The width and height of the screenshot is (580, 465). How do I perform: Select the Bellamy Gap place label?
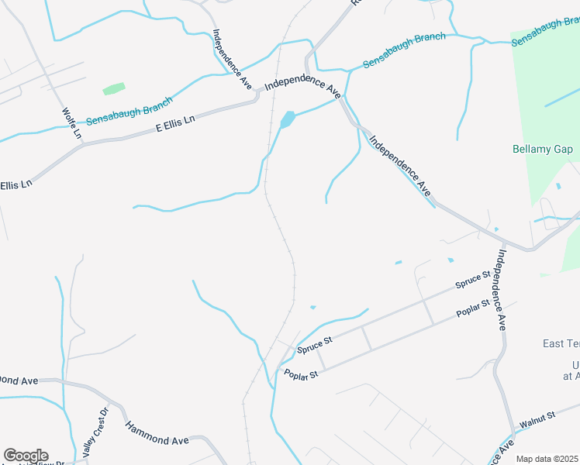tap(542, 148)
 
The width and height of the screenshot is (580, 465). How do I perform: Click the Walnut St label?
tap(537, 420)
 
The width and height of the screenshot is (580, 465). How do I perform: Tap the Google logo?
tap(25, 456)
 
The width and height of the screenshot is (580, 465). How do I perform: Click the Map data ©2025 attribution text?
tap(547, 459)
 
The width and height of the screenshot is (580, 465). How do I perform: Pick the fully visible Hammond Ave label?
tap(157, 433)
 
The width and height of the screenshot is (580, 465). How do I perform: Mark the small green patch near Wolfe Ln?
tap(114, 89)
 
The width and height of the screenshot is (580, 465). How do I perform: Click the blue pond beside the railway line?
tap(287, 119)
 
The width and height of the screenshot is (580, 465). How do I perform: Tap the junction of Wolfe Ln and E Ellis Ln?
tap(83, 143)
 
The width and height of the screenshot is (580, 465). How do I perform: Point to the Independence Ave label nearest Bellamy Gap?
tap(399, 165)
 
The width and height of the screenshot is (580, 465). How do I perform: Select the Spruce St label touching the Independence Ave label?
tap(473, 280)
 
